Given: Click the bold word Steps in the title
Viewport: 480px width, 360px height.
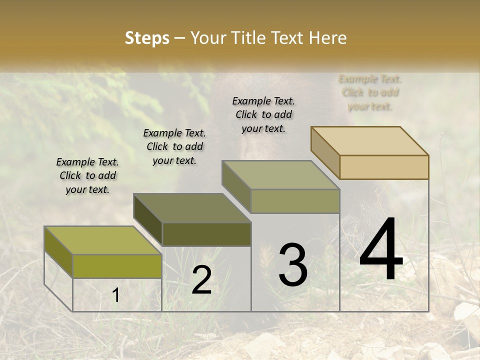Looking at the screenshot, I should pyautogui.click(x=146, y=38).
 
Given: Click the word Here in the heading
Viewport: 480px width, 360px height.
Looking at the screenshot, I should pyautogui.click(x=328, y=38).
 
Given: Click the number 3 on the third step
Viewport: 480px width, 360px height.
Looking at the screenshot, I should pyautogui.click(x=293, y=264).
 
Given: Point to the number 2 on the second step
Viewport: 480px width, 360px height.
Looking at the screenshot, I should pyautogui.click(x=201, y=280).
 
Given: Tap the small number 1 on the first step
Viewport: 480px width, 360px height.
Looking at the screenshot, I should pyautogui.click(x=115, y=295).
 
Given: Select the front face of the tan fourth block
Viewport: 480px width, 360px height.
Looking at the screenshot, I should pyautogui.click(x=384, y=167).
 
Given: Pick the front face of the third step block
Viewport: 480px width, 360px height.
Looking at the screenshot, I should pyautogui.click(x=295, y=201).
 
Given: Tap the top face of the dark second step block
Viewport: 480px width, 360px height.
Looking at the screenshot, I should pyautogui.click(x=192, y=208).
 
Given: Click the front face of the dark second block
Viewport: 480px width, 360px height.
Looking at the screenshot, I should pyautogui.click(x=206, y=234).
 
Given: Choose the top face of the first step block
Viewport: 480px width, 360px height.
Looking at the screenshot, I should pyautogui.click(x=103, y=240).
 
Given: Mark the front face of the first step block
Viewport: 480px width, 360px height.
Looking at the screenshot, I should pyautogui.click(x=117, y=266).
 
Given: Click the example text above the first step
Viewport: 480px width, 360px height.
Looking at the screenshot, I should pyautogui.click(x=87, y=175).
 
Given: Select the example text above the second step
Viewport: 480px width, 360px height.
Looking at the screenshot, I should pyautogui.click(x=174, y=146).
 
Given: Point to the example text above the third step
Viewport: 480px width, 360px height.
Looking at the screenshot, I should pyautogui.click(x=263, y=114).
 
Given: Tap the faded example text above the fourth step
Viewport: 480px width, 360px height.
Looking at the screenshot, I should pyautogui.click(x=370, y=92).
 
